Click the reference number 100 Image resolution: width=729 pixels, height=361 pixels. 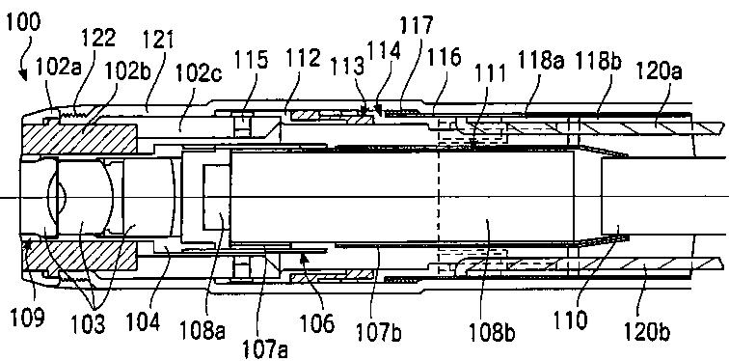click(23, 22)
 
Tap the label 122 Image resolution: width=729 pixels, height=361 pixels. click(98, 38)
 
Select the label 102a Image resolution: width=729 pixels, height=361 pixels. click(59, 68)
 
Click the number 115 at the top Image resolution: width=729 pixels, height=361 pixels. click(251, 60)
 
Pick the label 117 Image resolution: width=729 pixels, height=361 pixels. click(417, 25)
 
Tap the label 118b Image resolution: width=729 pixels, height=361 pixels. click(599, 61)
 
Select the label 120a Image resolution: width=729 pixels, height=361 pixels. click(659, 72)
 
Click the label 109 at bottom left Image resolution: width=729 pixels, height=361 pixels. click(27, 318)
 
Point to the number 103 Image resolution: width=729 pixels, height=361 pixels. click(89, 323)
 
